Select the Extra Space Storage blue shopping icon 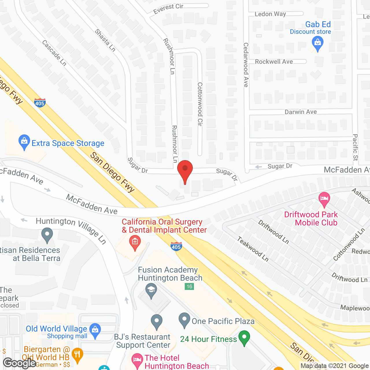click(24, 142)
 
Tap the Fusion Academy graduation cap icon click(151, 290)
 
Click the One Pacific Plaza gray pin click(184, 320)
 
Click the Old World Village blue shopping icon click(95, 330)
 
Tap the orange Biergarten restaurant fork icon click(77, 354)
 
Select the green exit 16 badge click(189, 286)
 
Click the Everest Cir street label click(168, 8)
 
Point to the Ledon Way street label click(270, 14)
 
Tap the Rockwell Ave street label click(274, 62)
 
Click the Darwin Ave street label click(301, 112)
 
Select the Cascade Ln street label click(54, 53)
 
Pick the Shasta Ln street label click(105, 40)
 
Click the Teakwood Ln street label click(253, 249)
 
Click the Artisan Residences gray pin click(47, 235)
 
